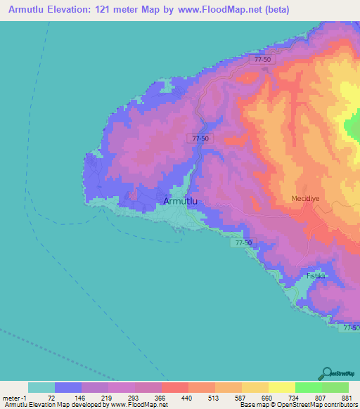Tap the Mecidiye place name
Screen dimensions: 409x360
pyautogui.click(x=306, y=199)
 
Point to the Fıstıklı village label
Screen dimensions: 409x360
pyautogui.click(x=316, y=275)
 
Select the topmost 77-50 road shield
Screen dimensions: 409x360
pyautogui.click(x=262, y=60)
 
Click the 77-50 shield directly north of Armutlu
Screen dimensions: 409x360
pyautogui.click(x=200, y=139)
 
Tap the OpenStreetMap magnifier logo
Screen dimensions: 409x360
pyautogui.click(x=326, y=374)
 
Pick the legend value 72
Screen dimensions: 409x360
pyautogui.click(x=51, y=398)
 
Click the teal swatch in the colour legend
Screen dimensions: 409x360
pyautogui.click(x=41, y=387)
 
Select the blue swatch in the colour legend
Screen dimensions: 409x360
pyautogui.click(x=68, y=387)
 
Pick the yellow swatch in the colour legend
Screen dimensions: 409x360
pyautogui.click(x=281, y=387)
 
